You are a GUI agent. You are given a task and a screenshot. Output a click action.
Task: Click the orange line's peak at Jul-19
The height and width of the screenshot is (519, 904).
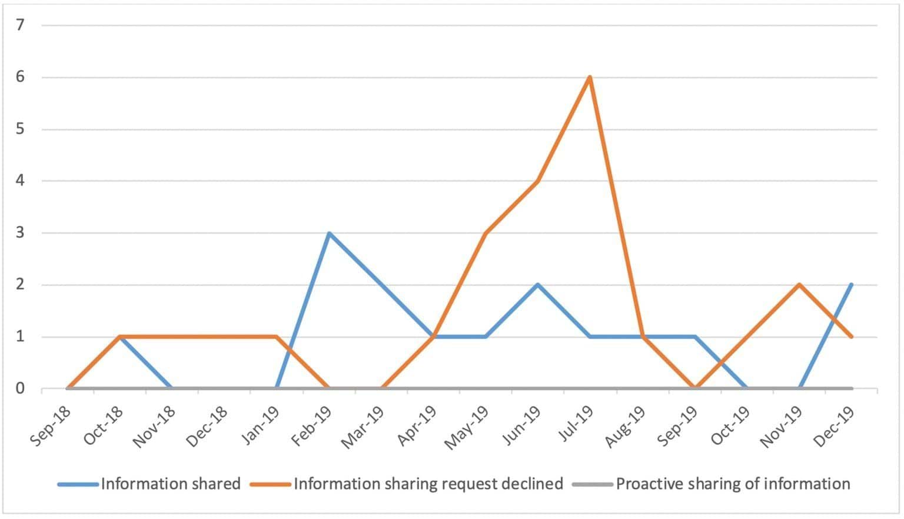[x=590, y=77]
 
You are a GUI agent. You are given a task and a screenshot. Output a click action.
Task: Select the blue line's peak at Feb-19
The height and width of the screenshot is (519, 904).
[x=329, y=233]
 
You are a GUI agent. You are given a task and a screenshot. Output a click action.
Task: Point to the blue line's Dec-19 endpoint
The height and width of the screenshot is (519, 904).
[x=851, y=285]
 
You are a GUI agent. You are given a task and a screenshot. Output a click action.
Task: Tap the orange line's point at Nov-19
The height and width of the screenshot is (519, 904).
[x=799, y=285]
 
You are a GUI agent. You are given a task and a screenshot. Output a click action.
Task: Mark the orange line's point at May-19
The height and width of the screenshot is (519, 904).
[x=486, y=233]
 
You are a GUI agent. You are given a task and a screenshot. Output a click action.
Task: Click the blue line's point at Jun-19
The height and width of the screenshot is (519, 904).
[x=537, y=285]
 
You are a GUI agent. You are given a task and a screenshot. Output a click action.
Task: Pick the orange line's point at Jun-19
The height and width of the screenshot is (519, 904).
[x=537, y=181]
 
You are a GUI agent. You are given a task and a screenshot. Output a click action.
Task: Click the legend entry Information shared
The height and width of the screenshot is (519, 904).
[x=171, y=484]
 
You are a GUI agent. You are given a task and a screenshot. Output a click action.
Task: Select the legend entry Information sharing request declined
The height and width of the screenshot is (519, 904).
[x=428, y=484]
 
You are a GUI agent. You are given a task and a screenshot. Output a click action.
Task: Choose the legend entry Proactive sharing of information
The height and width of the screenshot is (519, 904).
[x=733, y=484]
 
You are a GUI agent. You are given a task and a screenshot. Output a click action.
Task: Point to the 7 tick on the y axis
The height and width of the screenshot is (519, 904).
[x=21, y=25]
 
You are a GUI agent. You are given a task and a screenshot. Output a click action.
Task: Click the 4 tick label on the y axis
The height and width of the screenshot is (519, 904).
[x=21, y=181]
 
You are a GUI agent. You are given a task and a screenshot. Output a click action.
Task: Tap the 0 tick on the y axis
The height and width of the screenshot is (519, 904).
[x=21, y=388]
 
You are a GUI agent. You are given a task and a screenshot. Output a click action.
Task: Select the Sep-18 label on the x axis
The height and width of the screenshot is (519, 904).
[x=51, y=426]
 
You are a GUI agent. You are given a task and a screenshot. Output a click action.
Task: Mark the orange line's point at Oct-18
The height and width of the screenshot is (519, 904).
[x=120, y=337]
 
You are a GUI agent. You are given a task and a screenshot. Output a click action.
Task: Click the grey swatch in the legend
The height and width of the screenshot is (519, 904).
[x=592, y=484]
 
